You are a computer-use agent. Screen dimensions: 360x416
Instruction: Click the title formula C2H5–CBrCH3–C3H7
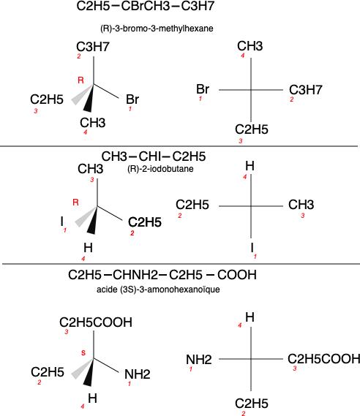(x=145, y=6)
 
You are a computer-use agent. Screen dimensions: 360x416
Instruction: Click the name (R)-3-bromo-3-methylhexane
(x=157, y=29)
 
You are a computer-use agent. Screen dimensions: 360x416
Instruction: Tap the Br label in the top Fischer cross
(x=203, y=89)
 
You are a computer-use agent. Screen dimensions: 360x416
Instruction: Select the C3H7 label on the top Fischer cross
(x=305, y=90)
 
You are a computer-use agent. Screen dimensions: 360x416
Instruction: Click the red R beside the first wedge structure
(x=80, y=80)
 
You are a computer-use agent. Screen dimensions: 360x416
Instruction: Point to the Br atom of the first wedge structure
(x=132, y=99)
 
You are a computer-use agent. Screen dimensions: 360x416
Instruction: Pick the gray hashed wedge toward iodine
(x=85, y=217)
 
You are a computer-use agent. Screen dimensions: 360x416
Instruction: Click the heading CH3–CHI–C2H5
(x=154, y=156)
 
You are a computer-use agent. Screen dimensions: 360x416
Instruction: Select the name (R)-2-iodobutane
(x=160, y=169)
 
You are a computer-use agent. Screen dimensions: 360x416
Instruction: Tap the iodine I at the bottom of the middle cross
(x=252, y=248)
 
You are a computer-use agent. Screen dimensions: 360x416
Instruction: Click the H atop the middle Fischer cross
(x=250, y=166)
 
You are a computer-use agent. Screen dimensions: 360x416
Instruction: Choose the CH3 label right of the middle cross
(x=301, y=205)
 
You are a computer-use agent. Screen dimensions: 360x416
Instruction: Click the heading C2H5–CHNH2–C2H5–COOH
(x=162, y=275)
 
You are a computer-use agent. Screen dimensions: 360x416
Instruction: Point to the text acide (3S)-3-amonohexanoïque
(x=158, y=290)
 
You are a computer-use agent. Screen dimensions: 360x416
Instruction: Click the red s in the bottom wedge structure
(x=83, y=352)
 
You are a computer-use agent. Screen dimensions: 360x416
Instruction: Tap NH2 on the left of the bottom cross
(x=199, y=360)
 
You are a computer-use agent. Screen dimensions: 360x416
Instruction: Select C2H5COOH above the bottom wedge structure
(x=96, y=322)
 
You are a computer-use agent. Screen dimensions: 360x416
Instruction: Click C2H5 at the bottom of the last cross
(x=252, y=404)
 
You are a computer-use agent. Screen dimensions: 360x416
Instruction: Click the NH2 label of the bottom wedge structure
(x=138, y=374)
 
